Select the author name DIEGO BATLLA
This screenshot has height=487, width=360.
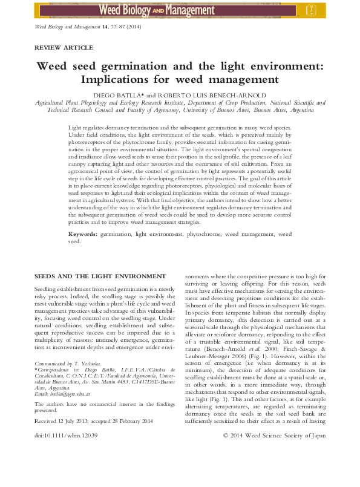click(121, 96)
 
